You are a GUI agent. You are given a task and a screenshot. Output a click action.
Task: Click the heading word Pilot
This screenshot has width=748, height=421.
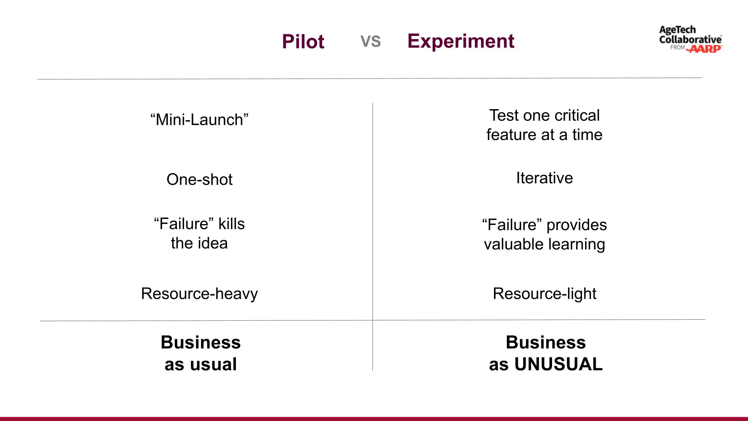[x=303, y=41]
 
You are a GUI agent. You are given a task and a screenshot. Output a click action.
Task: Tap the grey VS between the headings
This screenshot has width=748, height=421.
[x=370, y=41]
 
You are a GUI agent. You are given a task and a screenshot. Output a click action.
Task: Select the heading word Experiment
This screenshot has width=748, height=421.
[x=460, y=41]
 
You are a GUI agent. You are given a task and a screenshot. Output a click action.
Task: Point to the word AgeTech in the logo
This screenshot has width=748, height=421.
[x=677, y=30]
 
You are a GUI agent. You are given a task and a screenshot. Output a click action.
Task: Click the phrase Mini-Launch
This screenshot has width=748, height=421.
[x=199, y=120]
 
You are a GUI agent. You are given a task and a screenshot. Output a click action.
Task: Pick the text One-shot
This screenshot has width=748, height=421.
[x=199, y=179]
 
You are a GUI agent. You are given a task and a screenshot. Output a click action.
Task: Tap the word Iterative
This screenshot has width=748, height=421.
[x=544, y=178]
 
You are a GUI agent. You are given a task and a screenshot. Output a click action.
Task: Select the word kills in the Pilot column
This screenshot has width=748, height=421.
[x=231, y=224]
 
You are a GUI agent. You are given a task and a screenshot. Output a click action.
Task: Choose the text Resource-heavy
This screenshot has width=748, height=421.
[x=199, y=294]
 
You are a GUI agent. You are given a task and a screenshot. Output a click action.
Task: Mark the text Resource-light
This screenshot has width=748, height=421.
[x=544, y=294]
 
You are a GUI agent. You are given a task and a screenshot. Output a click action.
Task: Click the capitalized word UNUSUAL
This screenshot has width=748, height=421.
[x=558, y=364]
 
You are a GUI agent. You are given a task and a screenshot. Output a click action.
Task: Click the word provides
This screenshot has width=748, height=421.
[x=577, y=225]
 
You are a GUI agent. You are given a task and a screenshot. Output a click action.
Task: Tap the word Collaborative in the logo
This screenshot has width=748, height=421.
[x=690, y=39]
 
